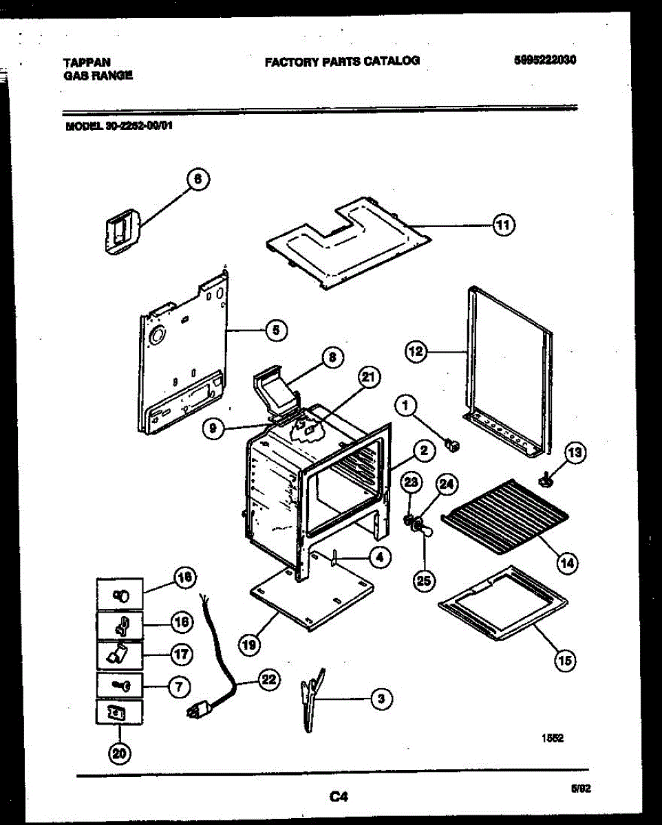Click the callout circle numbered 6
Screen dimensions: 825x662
pyautogui.click(x=197, y=179)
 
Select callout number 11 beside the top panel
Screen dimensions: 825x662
pyautogui.click(x=504, y=225)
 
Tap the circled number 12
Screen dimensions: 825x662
pyautogui.click(x=416, y=352)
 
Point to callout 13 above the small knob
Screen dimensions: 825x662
pyautogui.click(x=575, y=452)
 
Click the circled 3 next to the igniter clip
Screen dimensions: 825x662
pyautogui.click(x=381, y=699)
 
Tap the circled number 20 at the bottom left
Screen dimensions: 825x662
pyautogui.click(x=120, y=754)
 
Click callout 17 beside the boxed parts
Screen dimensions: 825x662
pyautogui.click(x=180, y=654)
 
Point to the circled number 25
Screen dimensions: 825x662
pyautogui.click(x=424, y=580)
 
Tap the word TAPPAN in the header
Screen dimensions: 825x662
pyautogui.click(x=87, y=62)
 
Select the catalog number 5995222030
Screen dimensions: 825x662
pyautogui.click(x=544, y=60)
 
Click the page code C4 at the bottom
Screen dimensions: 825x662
pyautogui.click(x=337, y=797)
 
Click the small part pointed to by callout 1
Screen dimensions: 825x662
pyautogui.click(x=453, y=445)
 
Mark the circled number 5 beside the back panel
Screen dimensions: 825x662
pyautogui.click(x=275, y=330)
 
